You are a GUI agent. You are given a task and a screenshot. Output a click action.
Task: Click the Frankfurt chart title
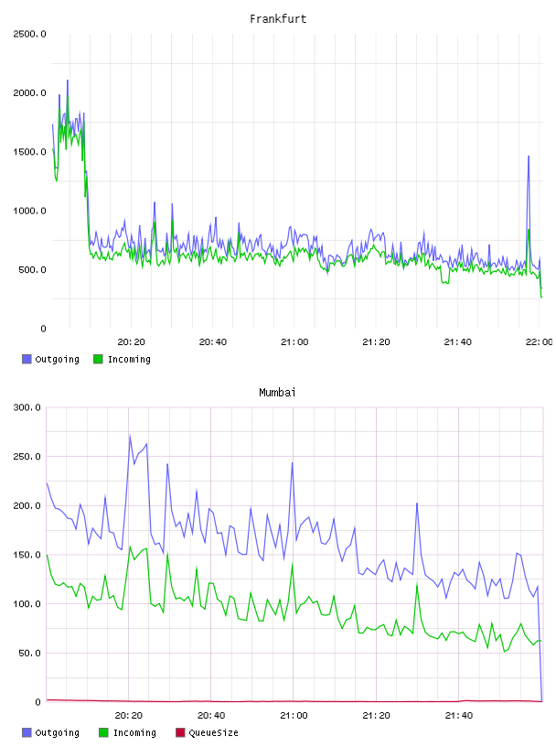[x=278, y=19]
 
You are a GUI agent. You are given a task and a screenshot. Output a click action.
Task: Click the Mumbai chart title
[x=277, y=393]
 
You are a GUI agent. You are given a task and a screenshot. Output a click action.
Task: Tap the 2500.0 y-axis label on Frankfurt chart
[x=29, y=34]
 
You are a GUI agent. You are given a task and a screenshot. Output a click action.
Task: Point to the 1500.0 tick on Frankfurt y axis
[x=29, y=152]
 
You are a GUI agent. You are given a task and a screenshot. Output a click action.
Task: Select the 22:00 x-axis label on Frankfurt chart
[x=539, y=342]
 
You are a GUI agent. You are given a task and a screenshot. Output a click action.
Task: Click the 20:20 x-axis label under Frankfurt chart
[x=131, y=342]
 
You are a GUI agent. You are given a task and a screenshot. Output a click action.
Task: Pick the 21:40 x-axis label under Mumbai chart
[x=458, y=716]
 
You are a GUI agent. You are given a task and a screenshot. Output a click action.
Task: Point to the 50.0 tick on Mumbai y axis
[x=29, y=653]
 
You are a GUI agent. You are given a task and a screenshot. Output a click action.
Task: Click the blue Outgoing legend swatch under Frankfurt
[x=27, y=359]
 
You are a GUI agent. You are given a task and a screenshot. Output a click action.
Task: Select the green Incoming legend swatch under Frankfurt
[x=98, y=359]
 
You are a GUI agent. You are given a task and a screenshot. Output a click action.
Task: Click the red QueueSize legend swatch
[x=180, y=732]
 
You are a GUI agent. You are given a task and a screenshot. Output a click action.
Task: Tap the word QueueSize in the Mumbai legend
[x=213, y=732]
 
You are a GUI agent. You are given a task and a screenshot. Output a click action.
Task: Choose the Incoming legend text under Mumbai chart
[x=134, y=733]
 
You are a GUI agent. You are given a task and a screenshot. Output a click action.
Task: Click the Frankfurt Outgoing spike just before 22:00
[x=529, y=157]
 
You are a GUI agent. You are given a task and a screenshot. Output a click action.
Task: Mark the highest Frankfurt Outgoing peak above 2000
[x=68, y=81]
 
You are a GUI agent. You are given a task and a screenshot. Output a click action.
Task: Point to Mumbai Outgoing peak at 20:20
[x=130, y=436]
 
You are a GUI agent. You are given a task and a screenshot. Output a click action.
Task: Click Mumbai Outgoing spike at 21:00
[x=293, y=462]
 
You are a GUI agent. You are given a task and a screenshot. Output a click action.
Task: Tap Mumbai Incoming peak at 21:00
[x=293, y=564]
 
